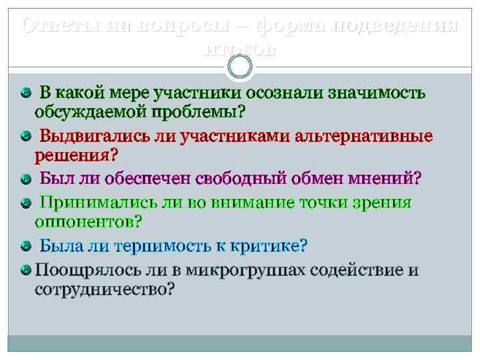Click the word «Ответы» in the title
point(53,26)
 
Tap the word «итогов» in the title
point(240,50)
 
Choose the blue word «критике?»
point(270,246)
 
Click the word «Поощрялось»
point(87,271)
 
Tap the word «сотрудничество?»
point(105,289)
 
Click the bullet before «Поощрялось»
point(26,271)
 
